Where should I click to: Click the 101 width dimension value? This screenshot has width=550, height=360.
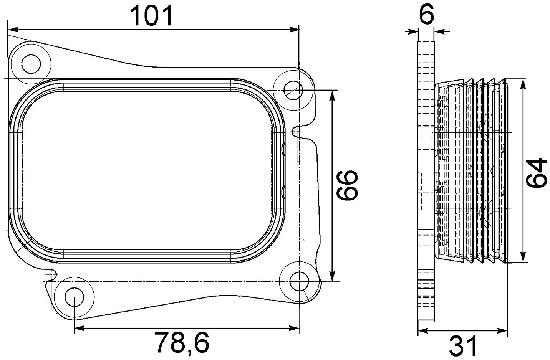(x=152, y=15)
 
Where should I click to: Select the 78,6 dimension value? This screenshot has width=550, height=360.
(x=182, y=343)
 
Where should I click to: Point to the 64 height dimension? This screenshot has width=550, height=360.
(x=536, y=172)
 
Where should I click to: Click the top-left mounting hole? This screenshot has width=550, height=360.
(x=31, y=63)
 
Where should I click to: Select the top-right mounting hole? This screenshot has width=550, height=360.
(x=293, y=89)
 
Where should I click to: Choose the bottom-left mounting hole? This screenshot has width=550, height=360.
(x=74, y=297)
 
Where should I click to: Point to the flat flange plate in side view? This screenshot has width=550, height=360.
(x=426, y=180)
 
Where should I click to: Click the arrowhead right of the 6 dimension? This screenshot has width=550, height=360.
(x=440, y=31)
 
